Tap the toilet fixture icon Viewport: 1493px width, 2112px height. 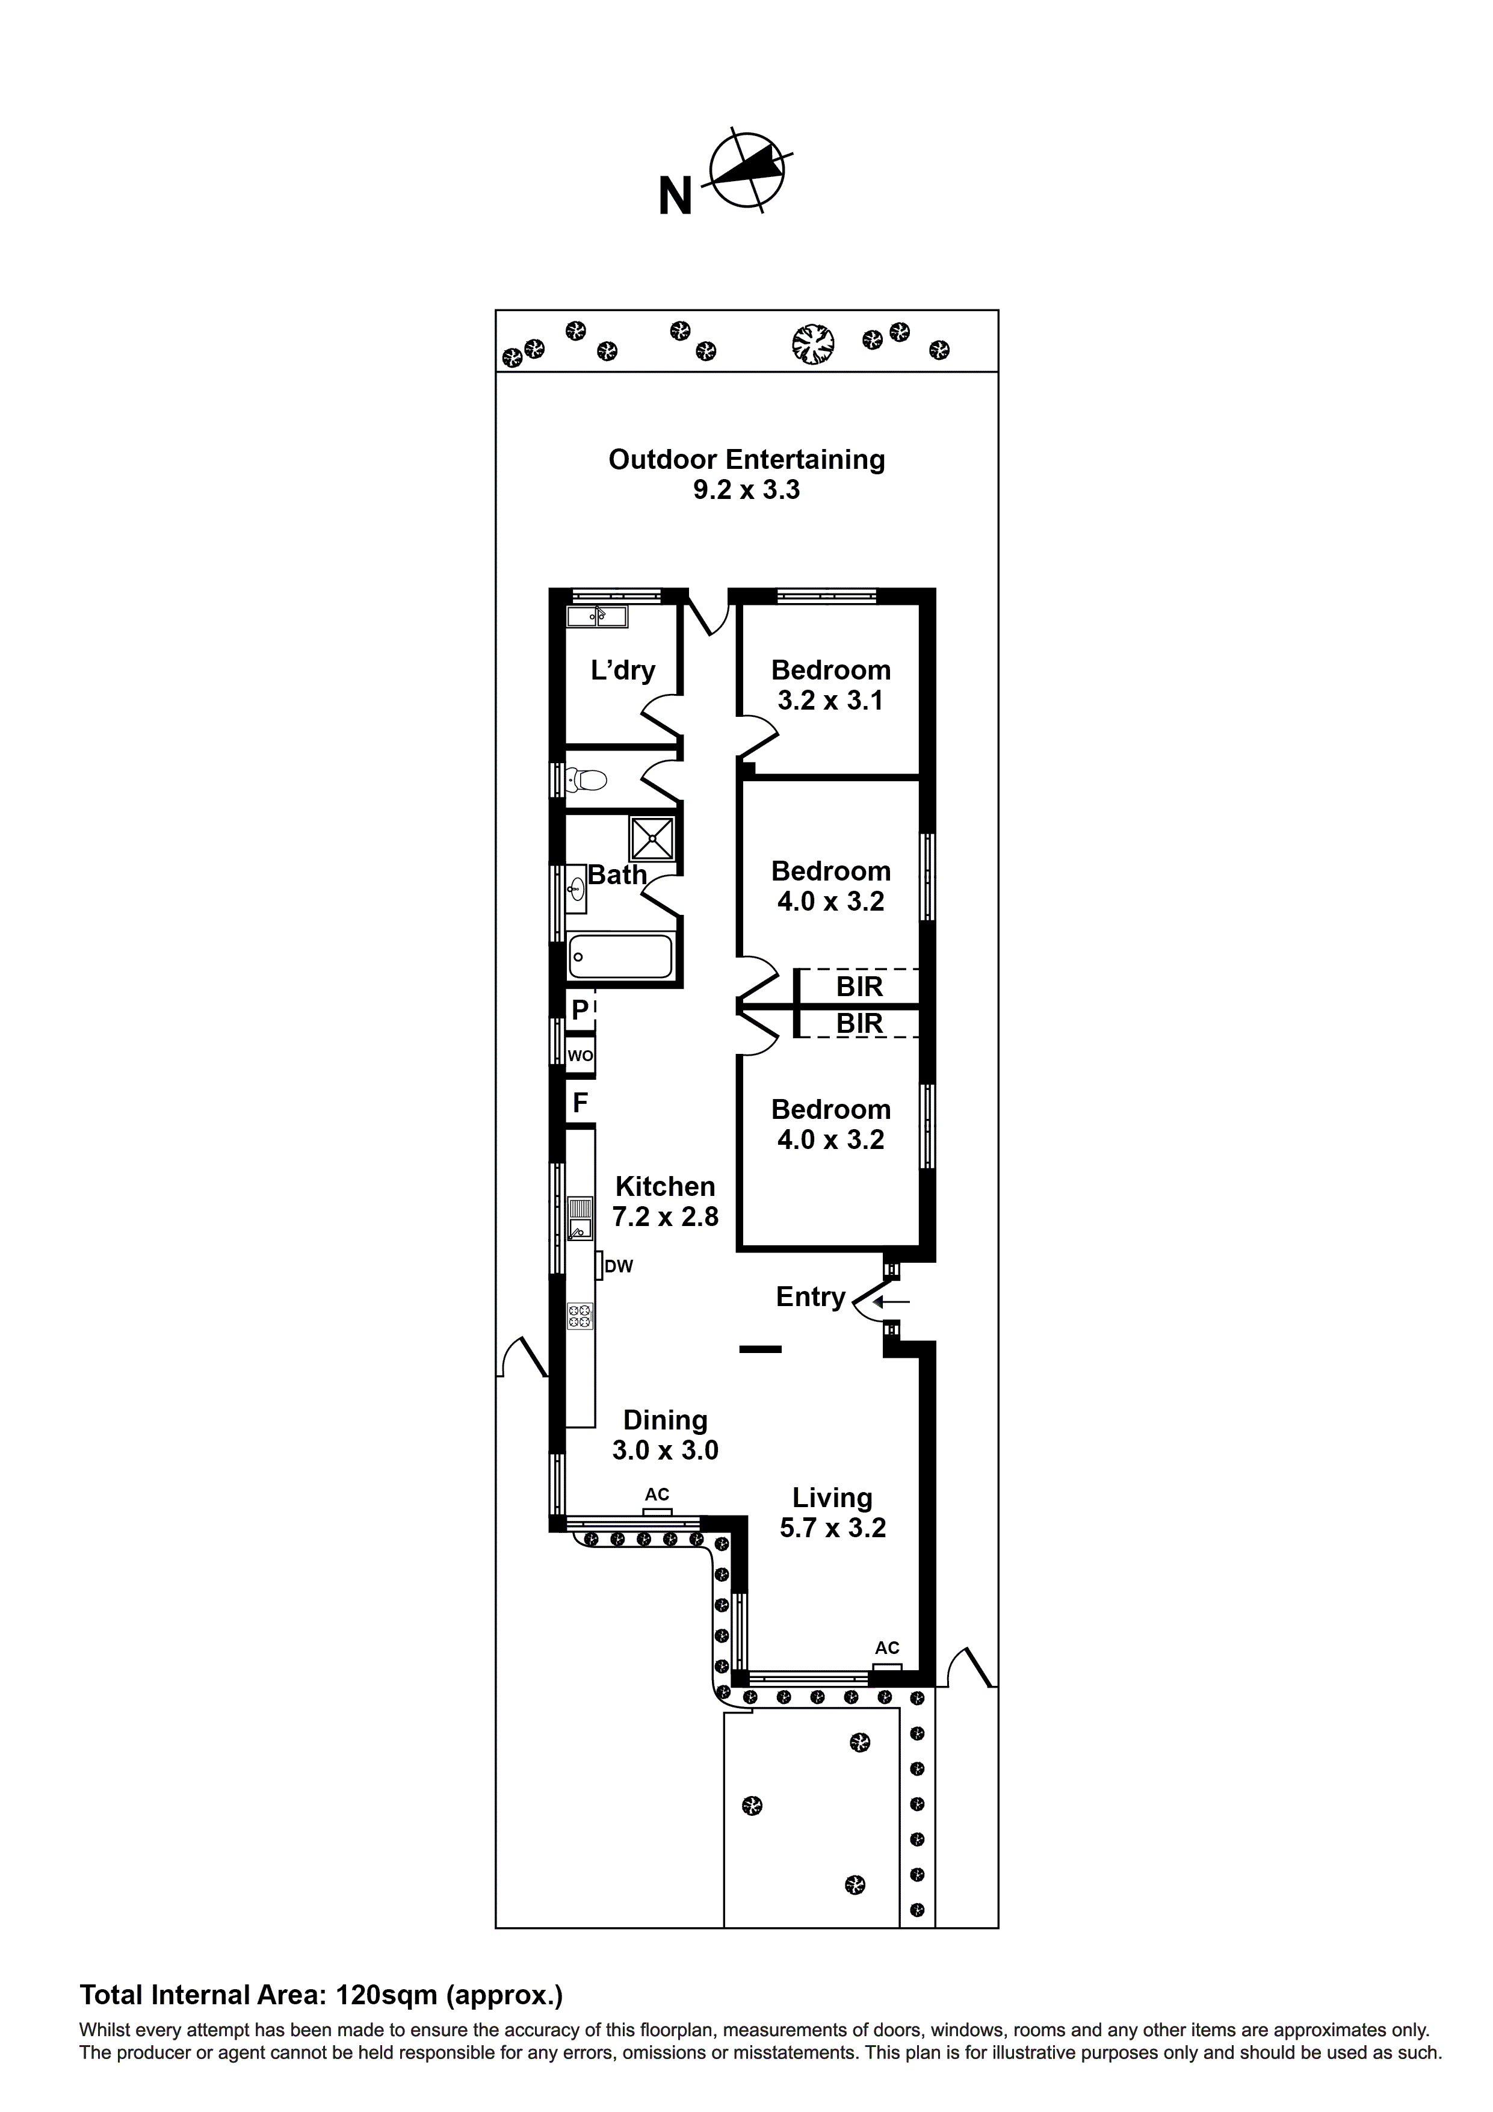point(587,781)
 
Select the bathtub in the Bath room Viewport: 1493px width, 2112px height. point(620,956)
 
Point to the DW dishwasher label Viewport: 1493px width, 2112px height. point(619,1266)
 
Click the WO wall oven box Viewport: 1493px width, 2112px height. point(580,1056)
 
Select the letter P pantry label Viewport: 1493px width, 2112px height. point(580,1010)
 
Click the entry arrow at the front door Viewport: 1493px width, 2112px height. point(891,1302)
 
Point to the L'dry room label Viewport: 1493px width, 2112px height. point(623,670)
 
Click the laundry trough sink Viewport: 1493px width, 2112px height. point(597,616)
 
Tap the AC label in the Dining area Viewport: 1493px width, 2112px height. point(657,1495)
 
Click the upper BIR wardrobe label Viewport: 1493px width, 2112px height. point(859,987)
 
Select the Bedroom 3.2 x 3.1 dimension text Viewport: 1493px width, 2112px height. point(830,701)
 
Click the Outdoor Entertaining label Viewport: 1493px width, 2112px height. point(746,460)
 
